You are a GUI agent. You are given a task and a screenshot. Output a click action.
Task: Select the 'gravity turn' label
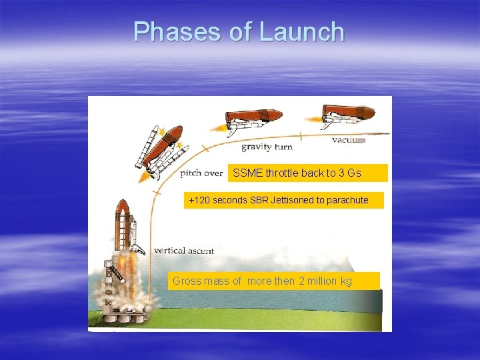tap(267, 147)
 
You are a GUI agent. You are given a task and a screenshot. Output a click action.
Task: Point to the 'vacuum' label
tap(349, 141)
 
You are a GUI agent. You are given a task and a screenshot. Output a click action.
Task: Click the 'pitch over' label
tap(201, 173)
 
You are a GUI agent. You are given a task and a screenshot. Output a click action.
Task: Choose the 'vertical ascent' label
tap(184, 251)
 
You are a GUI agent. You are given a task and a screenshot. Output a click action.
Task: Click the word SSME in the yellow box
tap(248, 173)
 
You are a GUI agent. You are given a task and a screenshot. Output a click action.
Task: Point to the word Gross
tap(187, 281)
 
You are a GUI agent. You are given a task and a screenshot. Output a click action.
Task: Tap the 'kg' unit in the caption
tap(346, 281)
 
